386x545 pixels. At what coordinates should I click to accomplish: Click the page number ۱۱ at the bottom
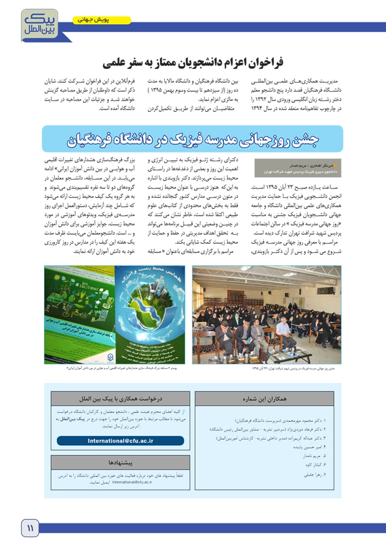[29, 528]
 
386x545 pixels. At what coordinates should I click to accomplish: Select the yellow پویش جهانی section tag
[102, 20]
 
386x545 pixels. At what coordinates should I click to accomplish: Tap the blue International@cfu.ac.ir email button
[120, 441]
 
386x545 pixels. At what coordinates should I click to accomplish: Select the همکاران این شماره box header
[264, 398]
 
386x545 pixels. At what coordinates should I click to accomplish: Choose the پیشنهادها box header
[120, 462]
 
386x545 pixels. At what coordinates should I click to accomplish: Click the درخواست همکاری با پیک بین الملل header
[120, 398]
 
